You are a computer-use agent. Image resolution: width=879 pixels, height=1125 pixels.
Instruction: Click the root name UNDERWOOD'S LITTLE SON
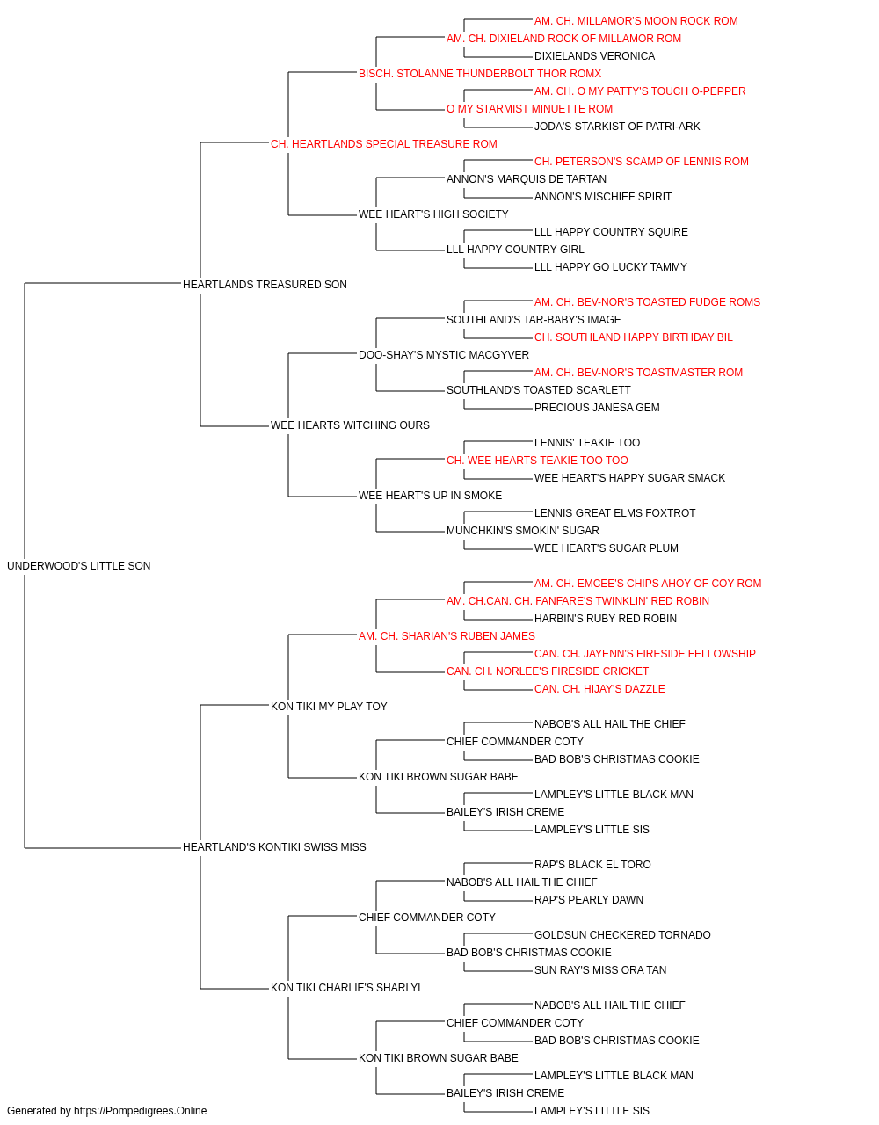click(79, 565)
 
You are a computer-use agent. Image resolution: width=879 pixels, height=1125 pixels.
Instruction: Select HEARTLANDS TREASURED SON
click(265, 284)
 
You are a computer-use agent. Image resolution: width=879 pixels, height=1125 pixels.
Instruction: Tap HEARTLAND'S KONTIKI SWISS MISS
click(274, 847)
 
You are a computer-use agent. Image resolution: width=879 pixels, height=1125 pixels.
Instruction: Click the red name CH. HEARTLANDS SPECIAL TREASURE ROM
click(383, 144)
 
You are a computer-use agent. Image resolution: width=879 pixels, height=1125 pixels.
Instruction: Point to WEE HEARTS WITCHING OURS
click(350, 425)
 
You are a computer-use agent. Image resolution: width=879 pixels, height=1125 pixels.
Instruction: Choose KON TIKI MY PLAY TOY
click(329, 706)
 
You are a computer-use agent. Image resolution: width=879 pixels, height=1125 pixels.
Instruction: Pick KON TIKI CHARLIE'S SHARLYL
click(347, 987)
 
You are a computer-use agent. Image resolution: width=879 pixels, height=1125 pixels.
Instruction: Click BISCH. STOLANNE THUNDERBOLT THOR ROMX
click(480, 74)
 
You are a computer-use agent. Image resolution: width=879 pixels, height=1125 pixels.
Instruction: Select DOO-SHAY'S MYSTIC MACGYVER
click(444, 354)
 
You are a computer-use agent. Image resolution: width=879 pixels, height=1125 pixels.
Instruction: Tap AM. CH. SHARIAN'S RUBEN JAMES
click(447, 635)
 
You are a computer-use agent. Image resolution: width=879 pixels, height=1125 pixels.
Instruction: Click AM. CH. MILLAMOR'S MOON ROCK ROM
click(636, 21)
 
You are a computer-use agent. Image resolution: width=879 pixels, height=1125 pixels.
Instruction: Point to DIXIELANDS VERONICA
click(594, 56)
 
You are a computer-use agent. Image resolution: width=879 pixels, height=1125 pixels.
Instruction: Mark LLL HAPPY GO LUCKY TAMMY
click(610, 266)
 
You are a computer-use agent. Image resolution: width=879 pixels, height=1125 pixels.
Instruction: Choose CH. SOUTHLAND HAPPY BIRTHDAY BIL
click(633, 337)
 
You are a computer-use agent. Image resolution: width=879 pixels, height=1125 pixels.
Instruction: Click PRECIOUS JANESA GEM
click(597, 408)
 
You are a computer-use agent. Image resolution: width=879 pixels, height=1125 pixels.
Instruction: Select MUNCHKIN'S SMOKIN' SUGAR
click(523, 531)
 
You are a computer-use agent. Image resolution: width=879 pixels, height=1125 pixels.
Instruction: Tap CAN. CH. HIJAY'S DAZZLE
click(599, 688)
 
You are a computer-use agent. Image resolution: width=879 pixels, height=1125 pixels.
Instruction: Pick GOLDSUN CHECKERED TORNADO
click(622, 934)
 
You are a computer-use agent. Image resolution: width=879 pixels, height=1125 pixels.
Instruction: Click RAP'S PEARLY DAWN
click(589, 899)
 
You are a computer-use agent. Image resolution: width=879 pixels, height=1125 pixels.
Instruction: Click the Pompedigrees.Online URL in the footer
click(140, 1111)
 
